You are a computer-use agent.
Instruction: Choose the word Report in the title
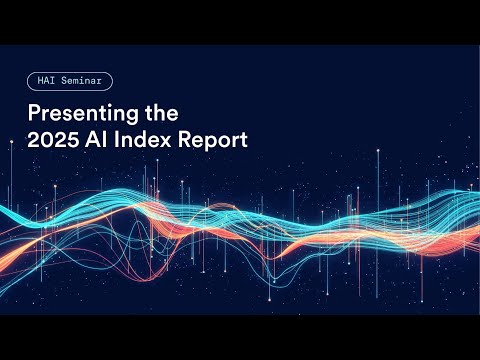[x=214, y=140]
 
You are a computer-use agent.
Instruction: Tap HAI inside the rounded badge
[x=44, y=80]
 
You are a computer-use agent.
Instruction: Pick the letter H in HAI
[x=37, y=80]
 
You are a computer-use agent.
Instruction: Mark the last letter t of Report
[x=245, y=140]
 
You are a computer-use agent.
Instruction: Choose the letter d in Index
[x=144, y=139]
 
